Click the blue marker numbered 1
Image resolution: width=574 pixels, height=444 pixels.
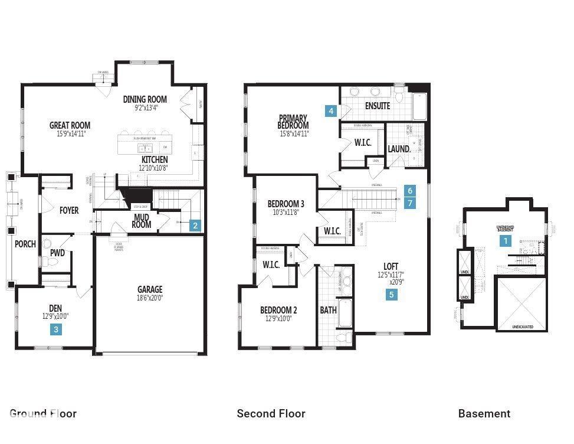pyautogui.click(x=505, y=240)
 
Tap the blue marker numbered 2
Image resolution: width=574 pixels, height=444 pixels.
pyautogui.click(x=195, y=225)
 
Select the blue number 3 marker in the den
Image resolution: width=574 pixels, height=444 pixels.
pyautogui.click(x=56, y=329)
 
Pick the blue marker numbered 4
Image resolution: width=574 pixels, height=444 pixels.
pyautogui.click(x=332, y=110)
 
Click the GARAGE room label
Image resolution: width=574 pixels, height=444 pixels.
pyautogui.click(x=150, y=289)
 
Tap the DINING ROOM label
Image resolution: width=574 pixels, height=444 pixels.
pyautogui.click(x=145, y=99)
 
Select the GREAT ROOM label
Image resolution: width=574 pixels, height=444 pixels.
pyautogui.click(x=70, y=125)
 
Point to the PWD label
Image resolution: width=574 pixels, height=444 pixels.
pyautogui.click(x=57, y=253)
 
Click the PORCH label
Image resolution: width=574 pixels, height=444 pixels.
pyautogui.click(x=25, y=244)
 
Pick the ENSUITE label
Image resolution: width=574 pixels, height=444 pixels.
pyautogui.click(x=378, y=106)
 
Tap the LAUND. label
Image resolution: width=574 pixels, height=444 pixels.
pyautogui.click(x=399, y=149)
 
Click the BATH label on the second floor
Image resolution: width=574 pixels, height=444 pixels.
pyautogui.click(x=328, y=310)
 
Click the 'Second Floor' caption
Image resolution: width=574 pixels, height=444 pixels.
pyautogui.click(x=271, y=413)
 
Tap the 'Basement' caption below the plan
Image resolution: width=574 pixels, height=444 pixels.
pyautogui.click(x=484, y=413)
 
